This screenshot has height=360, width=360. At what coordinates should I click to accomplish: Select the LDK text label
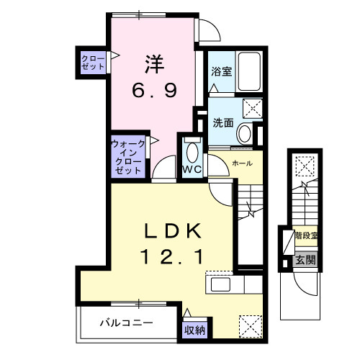(x=174, y=231)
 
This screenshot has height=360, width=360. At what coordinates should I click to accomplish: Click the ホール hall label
(x=241, y=163)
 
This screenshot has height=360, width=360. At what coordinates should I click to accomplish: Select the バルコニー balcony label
(x=125, y=323)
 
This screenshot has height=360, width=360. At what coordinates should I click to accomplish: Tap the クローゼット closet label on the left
(x=93, y=62)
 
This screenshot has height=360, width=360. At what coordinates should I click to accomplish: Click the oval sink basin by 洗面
(x=246, y=134)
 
